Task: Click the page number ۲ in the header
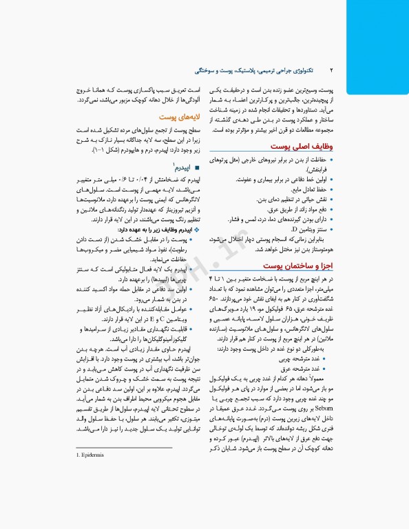tap(331, 70)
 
